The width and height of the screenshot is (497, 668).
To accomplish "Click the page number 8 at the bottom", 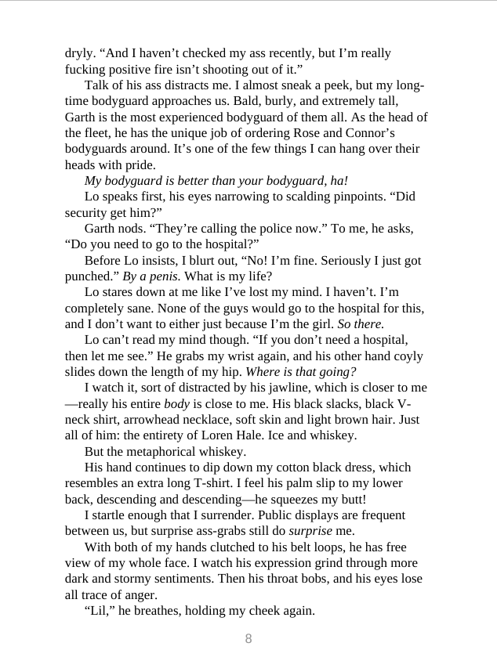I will [x=248, y=638].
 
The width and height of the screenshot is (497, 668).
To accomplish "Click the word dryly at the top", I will [x=78, y=54].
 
